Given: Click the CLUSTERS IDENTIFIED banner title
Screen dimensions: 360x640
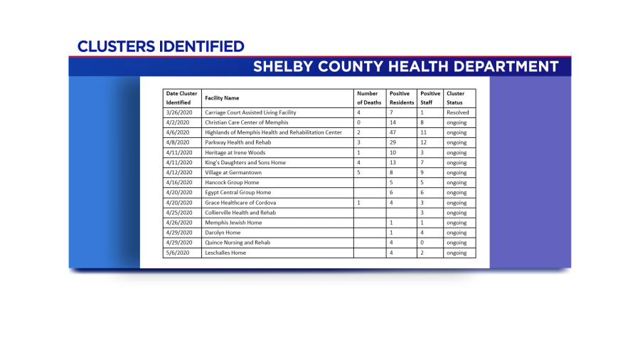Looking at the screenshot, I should pos(161,47).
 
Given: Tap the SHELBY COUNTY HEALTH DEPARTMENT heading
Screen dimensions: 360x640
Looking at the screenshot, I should pos(405,67).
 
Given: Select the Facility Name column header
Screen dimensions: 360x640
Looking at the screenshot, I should pos(222,97).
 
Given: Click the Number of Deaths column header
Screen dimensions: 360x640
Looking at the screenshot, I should pos(368,97).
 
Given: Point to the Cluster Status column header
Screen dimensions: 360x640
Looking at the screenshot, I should pos(456,97).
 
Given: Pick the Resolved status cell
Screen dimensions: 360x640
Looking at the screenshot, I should pos(458,112).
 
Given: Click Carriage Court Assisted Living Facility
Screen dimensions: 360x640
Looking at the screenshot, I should pos(250,112).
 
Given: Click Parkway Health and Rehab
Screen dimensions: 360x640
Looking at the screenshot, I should pos(238,142).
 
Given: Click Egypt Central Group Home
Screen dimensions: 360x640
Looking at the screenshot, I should pos(238,193).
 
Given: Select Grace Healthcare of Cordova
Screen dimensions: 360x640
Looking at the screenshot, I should pos(240,203).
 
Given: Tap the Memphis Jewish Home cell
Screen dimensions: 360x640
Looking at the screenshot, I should pos(233,223).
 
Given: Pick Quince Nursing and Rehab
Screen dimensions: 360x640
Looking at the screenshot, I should pos(238,243).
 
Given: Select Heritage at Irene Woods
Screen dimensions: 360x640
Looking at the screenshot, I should pos(235,152).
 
